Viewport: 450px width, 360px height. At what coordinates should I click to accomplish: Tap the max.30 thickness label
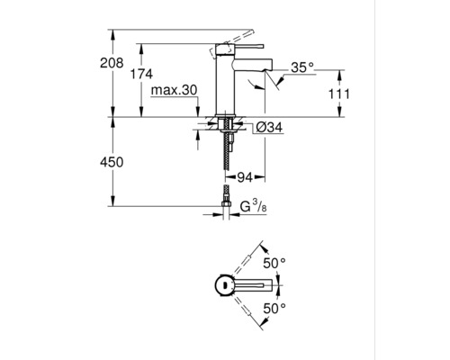(175, 90)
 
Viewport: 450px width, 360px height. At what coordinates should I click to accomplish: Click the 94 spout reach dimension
(246, 175)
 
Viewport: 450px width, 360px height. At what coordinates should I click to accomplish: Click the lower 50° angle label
(274, 307)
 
